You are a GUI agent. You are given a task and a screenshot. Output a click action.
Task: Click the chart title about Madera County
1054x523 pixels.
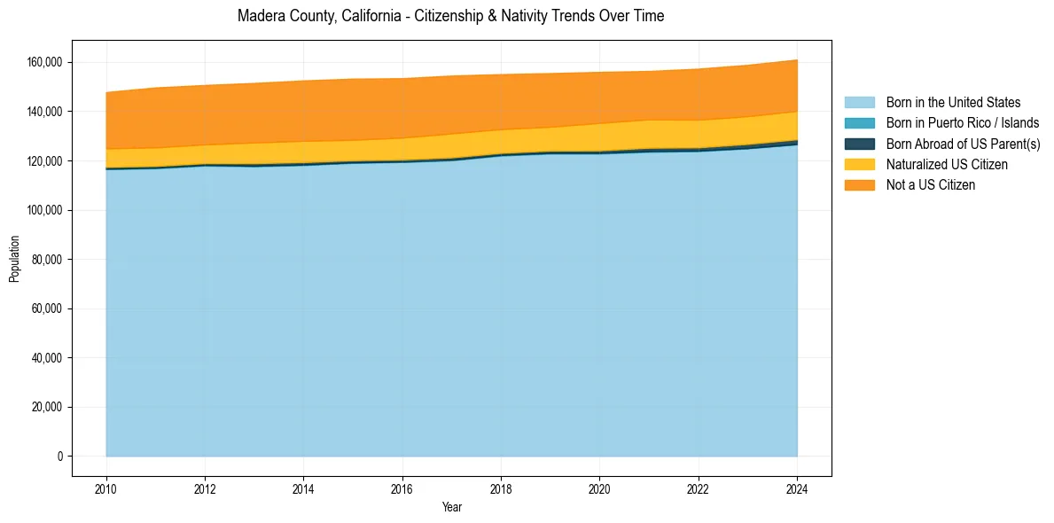pyautogui.click(x=451, y=16)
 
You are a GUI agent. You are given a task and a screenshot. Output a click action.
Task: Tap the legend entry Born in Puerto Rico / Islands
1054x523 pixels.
pyautogui.click(x=963, y=123)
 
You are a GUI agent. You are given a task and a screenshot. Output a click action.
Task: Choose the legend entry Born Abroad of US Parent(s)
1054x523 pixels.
pyautogui.click(x=963, y=144)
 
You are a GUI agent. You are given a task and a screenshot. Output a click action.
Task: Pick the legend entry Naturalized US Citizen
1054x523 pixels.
pyautogui.click(x=947, y=164)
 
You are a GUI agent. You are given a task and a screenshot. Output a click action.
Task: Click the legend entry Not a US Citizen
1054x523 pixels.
pyautogui.click(x=930, y=184)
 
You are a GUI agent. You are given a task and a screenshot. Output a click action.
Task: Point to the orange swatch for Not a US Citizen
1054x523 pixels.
pyautogui.click(x=859, y=184)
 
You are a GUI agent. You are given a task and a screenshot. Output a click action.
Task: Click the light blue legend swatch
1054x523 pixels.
pyautogui.click(x=859, y=103)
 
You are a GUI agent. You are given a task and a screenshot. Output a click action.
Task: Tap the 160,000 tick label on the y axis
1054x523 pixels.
pyautogui.click(x=44, y=62)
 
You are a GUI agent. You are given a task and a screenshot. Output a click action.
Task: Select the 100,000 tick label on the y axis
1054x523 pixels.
pyautogui.click(x=44, y=210)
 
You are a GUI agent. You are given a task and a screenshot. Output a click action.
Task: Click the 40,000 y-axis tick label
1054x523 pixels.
pyautogui.click(x=47, y=358)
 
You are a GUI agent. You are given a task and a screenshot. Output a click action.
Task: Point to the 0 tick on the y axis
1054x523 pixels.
pyautogui.click(x=59, y=457)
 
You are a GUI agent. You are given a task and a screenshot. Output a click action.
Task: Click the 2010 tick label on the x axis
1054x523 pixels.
pyautogui.click(x=106, y=488)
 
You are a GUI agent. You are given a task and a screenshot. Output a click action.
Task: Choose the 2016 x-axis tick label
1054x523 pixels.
pyautogui.click(x=402, y=488)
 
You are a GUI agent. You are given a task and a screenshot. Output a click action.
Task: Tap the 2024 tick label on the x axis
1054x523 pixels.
pyautogui.click(x=797, y=488)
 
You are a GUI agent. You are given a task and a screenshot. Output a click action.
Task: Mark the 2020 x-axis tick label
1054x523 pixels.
pyautogui.click(x=599, y=488)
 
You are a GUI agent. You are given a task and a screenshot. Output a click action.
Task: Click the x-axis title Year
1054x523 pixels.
pyautogui.click(x=451, y=508)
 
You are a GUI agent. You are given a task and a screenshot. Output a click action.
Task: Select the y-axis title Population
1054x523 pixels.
pyautogui.click(x=14, y=259)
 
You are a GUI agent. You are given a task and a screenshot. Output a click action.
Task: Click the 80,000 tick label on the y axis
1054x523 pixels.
pyautogui.click(x=47, y=260)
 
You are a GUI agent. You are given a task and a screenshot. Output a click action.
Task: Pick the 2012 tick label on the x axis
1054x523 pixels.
pyautogui.click(x=205, y=488)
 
